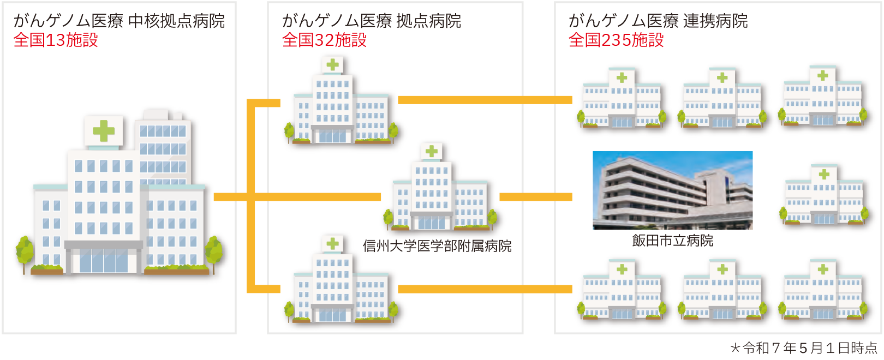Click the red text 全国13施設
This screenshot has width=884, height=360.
click(56, 40)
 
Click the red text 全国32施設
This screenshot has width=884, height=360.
click(324, 40)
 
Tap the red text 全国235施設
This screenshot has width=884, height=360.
click(616, 40)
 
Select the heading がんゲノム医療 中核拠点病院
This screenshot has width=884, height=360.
click(119, 21)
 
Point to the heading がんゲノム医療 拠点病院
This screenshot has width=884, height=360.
click(371, 21)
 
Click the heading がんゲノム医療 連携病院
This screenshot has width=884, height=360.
click(658, 21)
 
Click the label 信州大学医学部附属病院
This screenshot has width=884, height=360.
click(437, 246)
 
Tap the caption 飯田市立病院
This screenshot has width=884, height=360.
click(672, 241)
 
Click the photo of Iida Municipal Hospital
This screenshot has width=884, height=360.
click(672, 190)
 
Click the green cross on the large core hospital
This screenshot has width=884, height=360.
click(104, 131)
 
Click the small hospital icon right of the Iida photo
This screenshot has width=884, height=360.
click(823, 195)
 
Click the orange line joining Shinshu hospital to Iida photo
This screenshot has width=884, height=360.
click(535, 197)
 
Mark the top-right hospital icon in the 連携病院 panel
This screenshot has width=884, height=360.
click(823, 97)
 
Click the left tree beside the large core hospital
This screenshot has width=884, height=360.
click(25, 252)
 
